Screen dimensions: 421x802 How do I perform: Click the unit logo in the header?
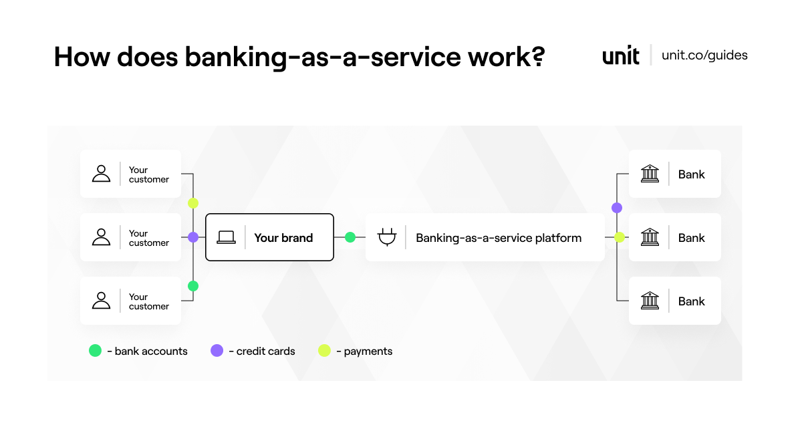tap(621, 55)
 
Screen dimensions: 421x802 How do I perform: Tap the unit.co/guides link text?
tap(704, 55)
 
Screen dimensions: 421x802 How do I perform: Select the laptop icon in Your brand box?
tap(226, 237)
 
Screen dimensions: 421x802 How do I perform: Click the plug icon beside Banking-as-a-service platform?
tap(386, 237)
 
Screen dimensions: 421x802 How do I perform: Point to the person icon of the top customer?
tap(101, 174)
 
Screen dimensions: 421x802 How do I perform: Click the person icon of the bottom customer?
tap(101, 301)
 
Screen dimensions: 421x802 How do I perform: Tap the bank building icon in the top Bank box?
tap(649, 174)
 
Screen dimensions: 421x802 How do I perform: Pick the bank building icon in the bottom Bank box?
tap(649, 301)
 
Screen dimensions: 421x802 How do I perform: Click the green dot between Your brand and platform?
tap(350, 237)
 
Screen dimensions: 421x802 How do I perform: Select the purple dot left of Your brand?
tap(193, 237)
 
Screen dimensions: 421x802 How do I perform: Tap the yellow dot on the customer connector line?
tap(193, 203)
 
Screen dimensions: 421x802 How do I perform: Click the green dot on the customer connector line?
tap(193, 286)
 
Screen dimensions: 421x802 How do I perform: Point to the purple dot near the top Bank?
tap(617, 208)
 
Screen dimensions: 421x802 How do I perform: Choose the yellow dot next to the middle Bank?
tap(620, 237)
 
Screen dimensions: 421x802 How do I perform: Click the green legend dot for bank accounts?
tap(95, 351)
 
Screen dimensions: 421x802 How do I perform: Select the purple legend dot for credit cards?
tap(217, 351)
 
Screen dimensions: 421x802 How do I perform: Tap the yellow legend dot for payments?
tap(324, 351)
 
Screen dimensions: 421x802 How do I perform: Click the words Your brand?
tap(283, 237)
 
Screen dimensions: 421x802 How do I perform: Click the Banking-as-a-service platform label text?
tap(499, 237)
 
